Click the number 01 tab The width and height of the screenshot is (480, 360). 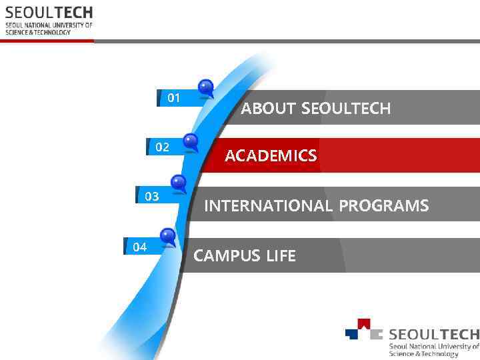click(x=174, y=98)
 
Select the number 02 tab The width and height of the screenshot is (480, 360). click(x=162, y=147)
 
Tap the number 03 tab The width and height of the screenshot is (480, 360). click(x=152, y=196)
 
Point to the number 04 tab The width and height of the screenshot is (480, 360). click(x=140, y=247)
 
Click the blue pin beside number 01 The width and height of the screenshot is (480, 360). click(x=206, y=87)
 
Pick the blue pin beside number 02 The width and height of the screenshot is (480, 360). click(x=191, y=141)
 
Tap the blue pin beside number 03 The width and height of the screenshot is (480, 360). click(x=179, y=182)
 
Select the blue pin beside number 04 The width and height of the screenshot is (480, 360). click(x=168, y=235)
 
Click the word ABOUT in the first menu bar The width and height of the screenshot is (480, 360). click(x=269, y=108)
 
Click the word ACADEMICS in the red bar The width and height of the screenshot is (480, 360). click(x=271, y=156)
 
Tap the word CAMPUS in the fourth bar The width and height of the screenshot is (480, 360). click(x=223, y=255)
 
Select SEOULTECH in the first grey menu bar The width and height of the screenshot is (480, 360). click(x=346, y=108)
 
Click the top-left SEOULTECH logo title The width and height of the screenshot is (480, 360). click(x=49, y=13)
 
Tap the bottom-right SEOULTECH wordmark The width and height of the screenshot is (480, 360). click(x=433, y=334)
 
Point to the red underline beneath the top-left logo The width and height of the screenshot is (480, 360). click(x=47, y=41)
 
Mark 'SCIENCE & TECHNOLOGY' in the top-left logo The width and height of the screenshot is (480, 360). click(x=38, y=32)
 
